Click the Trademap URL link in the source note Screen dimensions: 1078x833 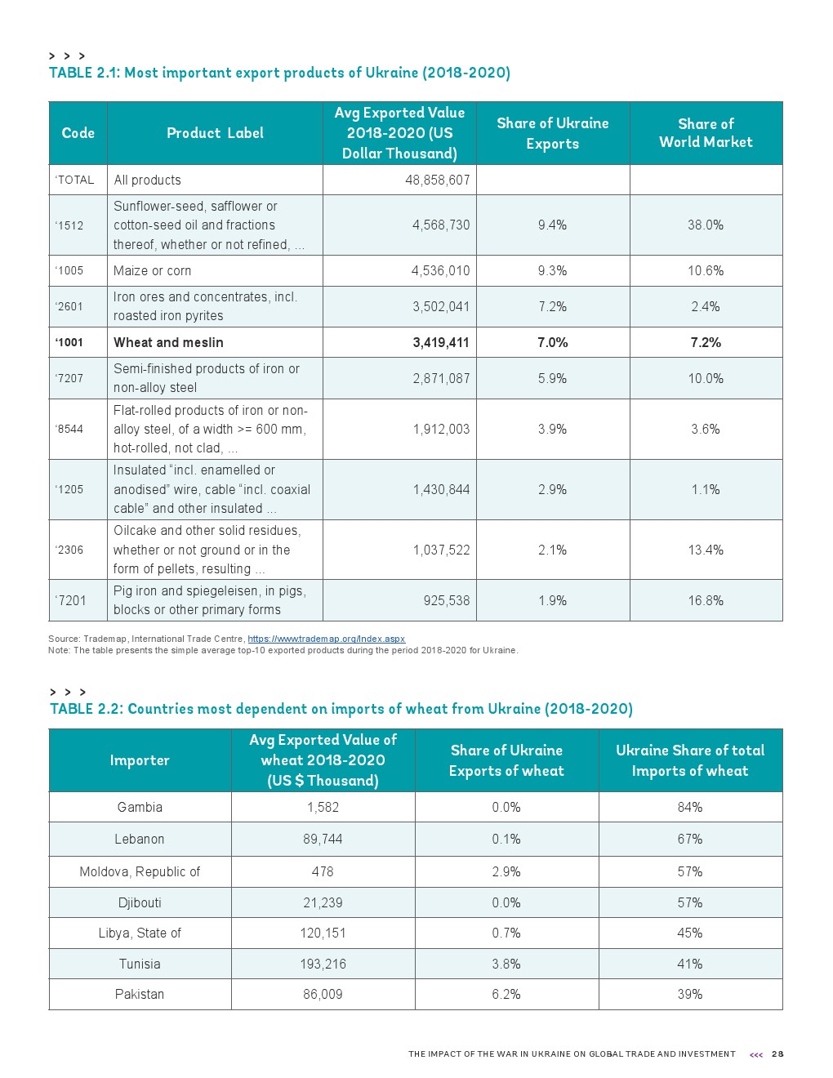326,639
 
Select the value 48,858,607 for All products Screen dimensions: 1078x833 437,180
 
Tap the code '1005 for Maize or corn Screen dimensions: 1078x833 69,270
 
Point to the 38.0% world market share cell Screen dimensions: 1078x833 706,225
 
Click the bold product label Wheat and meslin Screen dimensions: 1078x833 168,342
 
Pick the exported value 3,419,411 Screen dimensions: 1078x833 441,342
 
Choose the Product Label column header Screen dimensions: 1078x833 215,133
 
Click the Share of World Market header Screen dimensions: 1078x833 706,133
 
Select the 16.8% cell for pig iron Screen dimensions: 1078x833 706,600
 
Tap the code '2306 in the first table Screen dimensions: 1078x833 69,550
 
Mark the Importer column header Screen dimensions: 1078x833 140,760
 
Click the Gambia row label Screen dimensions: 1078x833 140,807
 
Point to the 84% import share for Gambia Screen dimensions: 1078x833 690,807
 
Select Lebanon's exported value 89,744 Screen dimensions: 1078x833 323,839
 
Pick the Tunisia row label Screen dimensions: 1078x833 140,964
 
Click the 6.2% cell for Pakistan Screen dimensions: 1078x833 506,994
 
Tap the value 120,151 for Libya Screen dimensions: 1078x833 323,933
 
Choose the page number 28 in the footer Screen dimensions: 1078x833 777,1054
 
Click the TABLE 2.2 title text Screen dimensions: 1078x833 341,709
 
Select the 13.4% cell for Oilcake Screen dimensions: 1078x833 706,550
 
